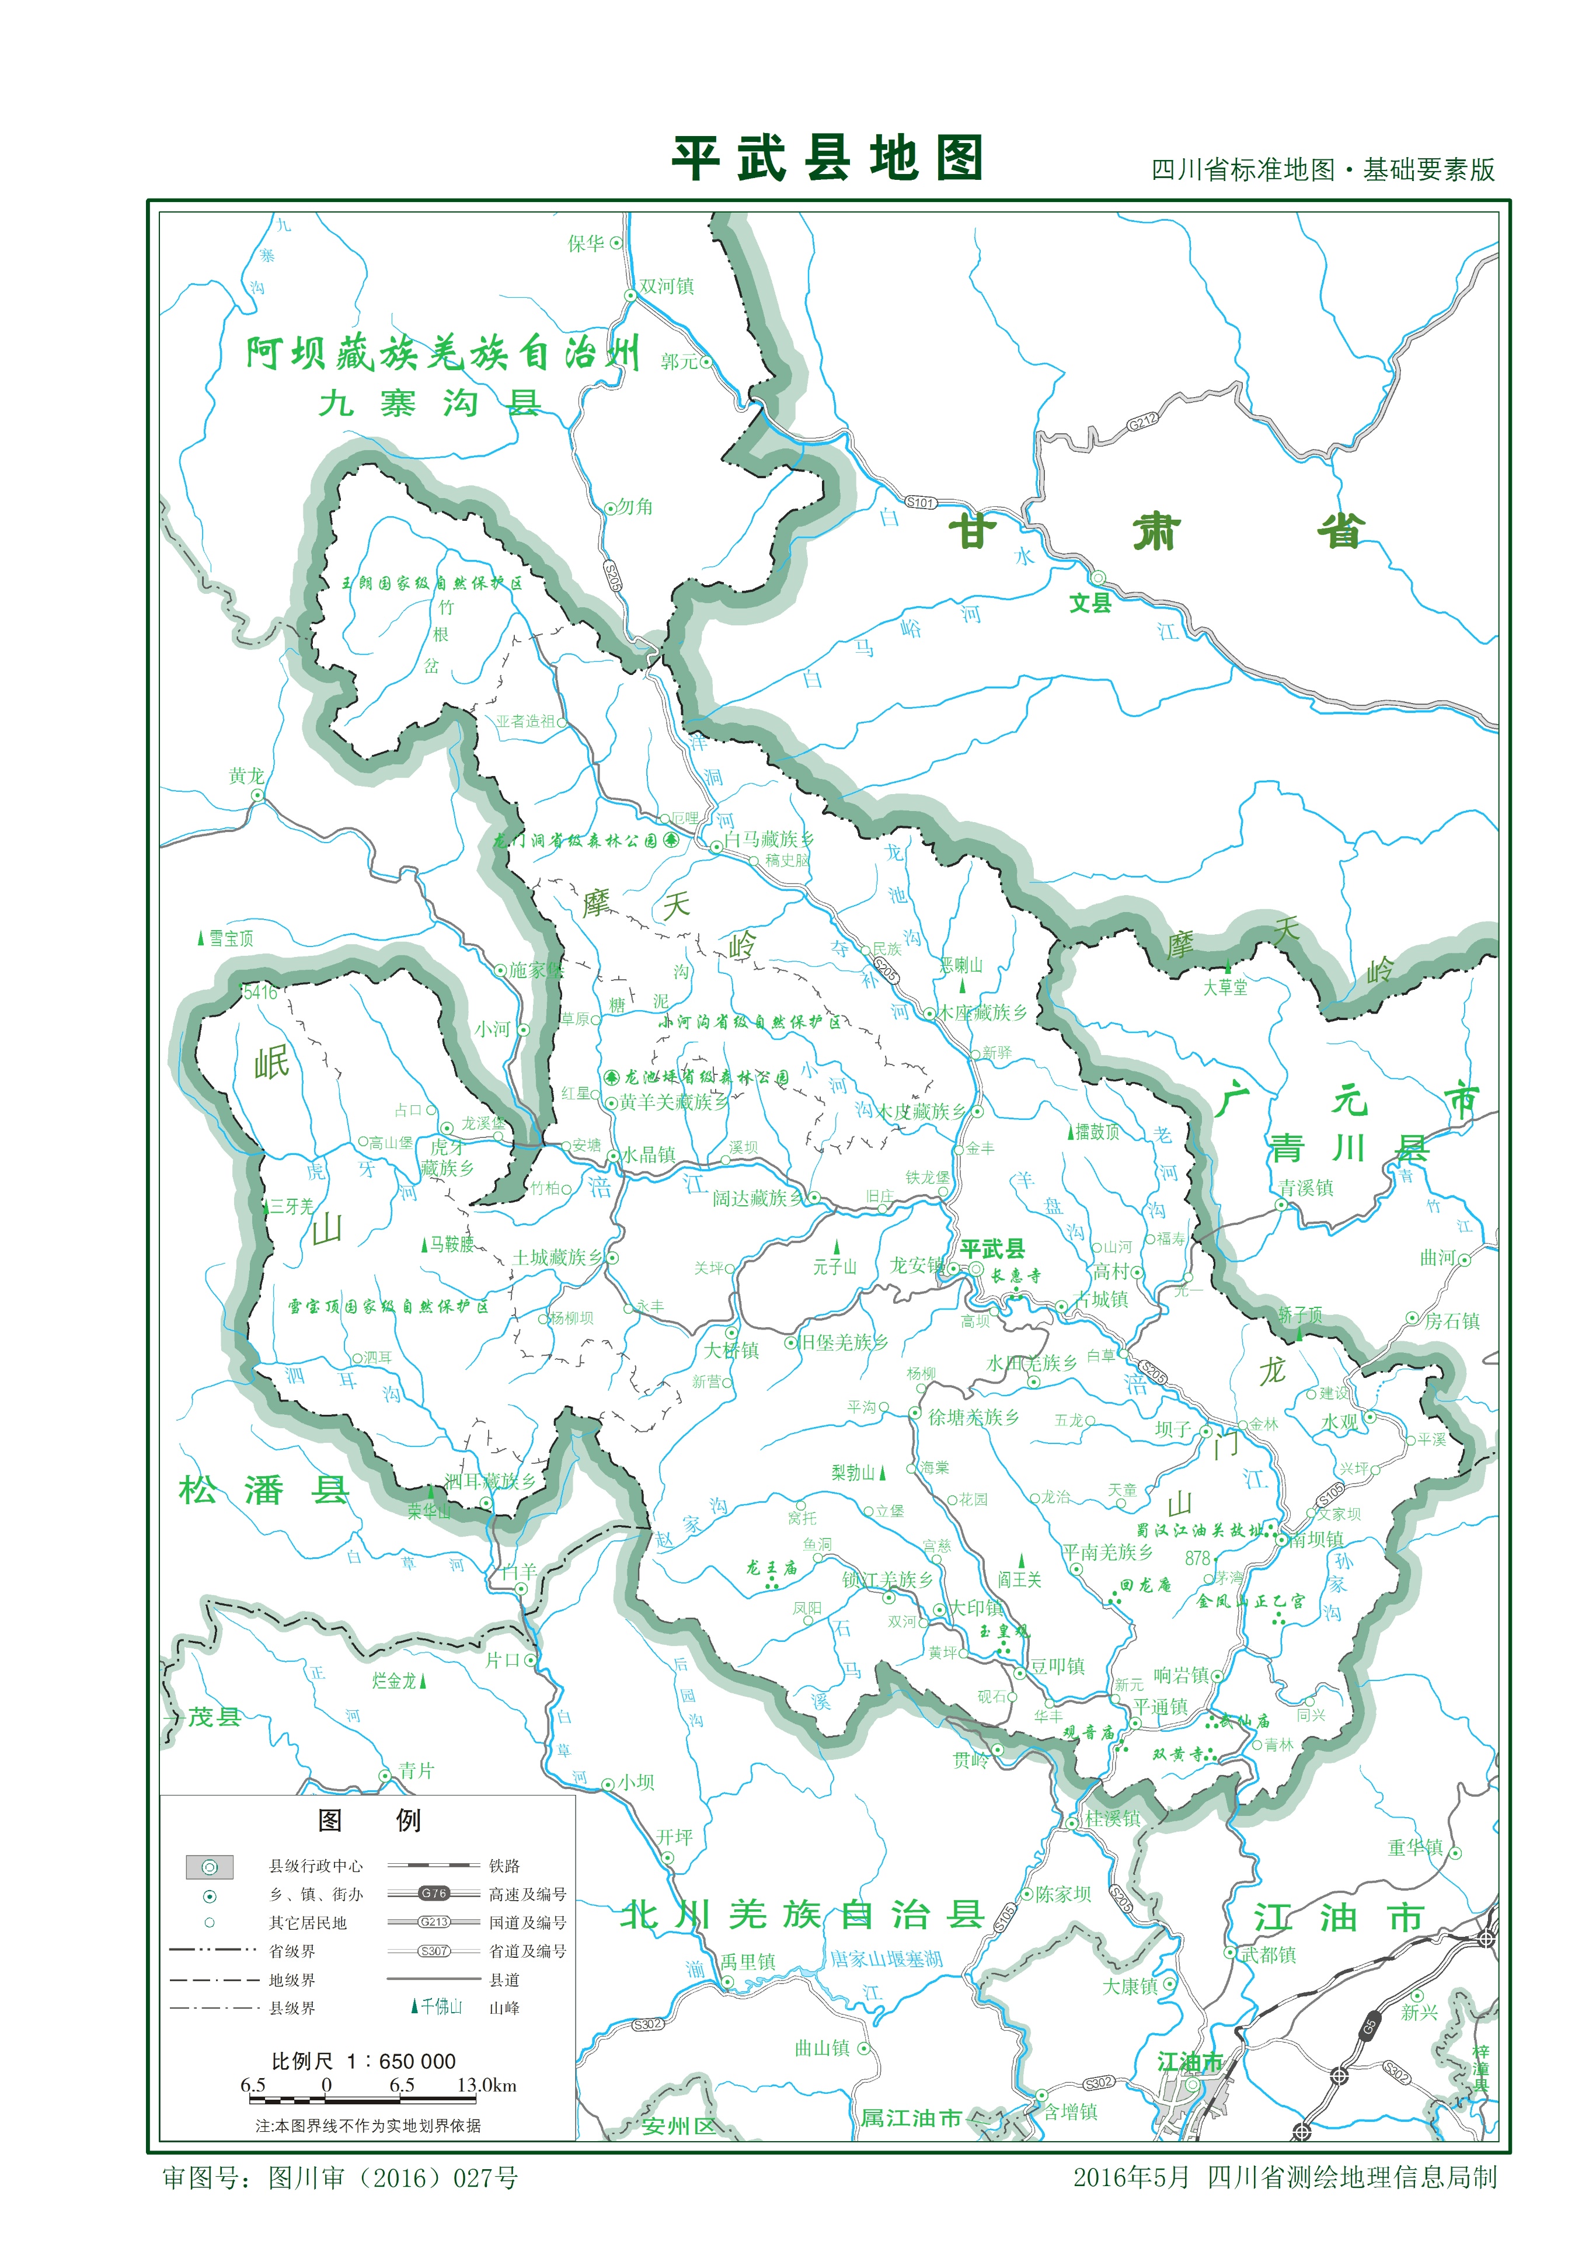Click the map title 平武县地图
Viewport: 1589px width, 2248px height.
(x=827, y=159)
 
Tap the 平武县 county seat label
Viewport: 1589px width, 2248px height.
(x=992, y=1248)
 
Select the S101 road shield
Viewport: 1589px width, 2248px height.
(x=921, y=502)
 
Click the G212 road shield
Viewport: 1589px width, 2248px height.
(x=1142, y=422)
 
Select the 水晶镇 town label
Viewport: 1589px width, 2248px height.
(x=647, y=1154)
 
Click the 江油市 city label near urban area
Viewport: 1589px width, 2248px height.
(x=1190, y=2062)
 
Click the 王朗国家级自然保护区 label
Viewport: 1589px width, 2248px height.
(x=432, y=583)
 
